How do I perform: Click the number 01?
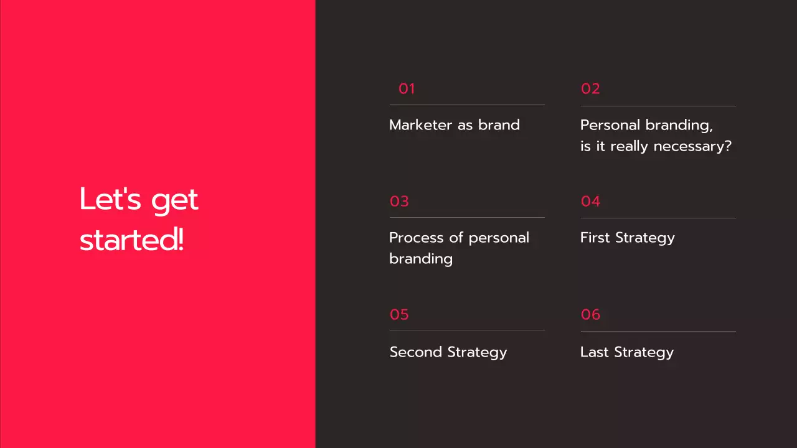pyautogui.click(x=407, y=89)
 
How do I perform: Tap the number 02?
pyautogui.click(x=590, y=89)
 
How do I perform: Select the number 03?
pyautogui.click(x=399, y=202)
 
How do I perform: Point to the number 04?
pyautogui.click(x=590, y=202)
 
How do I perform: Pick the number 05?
pyautogui.click(x=399, y=315)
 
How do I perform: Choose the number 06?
pyautogui.click(x=590, y=315)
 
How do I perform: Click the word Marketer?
pyautogui.click(x=421, y=125)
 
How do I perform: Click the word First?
pyautogui.click(x=595, y=238)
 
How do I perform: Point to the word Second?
pyautogui.click(x=416, y=352)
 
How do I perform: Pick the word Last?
pyautogui.click(x=595, y=352)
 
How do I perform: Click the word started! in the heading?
pyautogui.click(x=132, y=241)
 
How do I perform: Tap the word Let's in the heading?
pyautogui.click(x=111, y=200)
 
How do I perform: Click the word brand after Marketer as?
pyautogui.click(x=499, y=125)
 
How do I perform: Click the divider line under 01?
pyautogui.click(x=467, y=105)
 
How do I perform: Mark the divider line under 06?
pyautogui.click(x=658, y=331)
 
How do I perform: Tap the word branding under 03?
pyautogui.click(x=421, y=259)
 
